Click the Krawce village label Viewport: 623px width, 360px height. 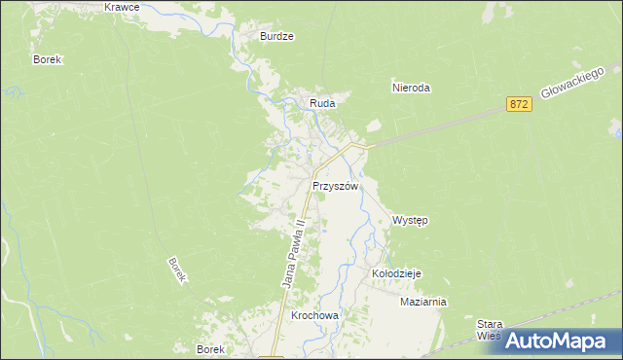(x=122, y=7)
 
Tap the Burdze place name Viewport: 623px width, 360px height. (x=276, y=36)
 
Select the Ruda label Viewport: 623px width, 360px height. (x=322, y=102)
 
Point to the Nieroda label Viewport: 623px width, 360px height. (x=410, y=88)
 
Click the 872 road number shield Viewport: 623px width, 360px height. (x=519, y=104)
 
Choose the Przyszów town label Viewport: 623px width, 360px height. (x=336, y=186)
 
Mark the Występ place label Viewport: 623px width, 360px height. (x=410, y=221)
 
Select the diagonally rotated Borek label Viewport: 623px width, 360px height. (x=176, y=270)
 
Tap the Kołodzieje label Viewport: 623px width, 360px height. (x=395, y=274)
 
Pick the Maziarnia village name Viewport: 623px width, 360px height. (x=422, y=302)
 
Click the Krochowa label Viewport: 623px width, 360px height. (x=313, y=317)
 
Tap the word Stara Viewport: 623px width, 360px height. (x=489, y=324)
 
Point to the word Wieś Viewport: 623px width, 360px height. (x=489, y=336)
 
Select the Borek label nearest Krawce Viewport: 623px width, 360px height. (x=47, y=59)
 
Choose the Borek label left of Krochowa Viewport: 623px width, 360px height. (x=210, y=349)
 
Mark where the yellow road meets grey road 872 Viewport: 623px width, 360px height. (x=362, y=146)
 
